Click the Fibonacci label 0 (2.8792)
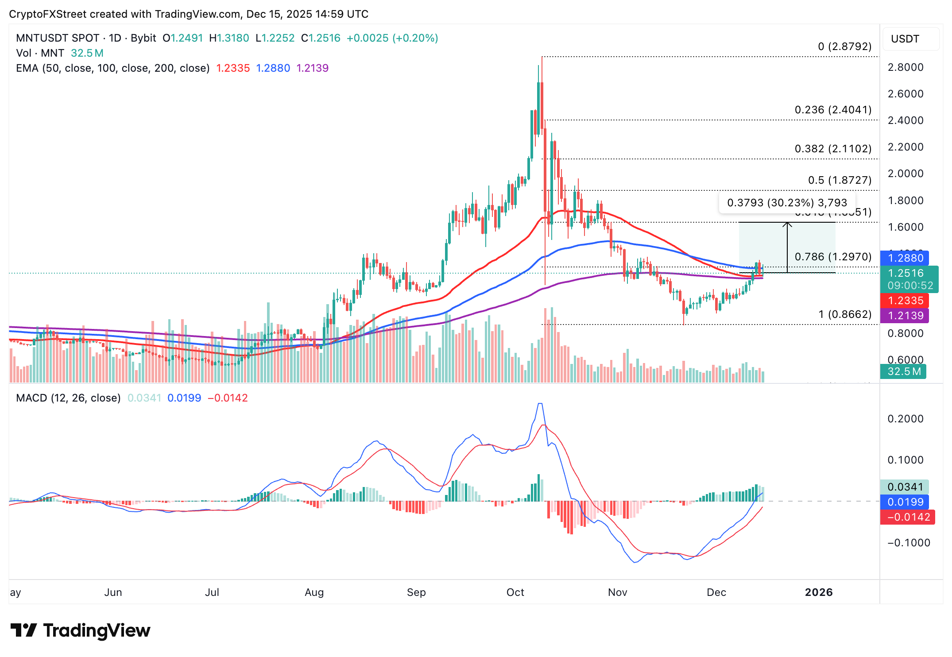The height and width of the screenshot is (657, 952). tap(844, 46)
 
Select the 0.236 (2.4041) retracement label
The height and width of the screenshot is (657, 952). tap(833, 110)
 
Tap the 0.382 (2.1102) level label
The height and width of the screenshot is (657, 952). tap(833, 149)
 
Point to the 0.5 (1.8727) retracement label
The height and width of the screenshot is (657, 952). tap(840, 180)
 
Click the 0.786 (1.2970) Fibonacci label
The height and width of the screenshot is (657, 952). tap(833, 257)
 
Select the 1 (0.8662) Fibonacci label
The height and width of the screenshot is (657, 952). tap(844, 314)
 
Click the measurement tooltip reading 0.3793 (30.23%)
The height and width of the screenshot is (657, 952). tap(787, 203)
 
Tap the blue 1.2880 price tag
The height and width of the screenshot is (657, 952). tap(905, 258)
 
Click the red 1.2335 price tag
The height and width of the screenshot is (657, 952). tap(905, 301)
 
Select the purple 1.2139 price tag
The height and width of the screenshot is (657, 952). tap(905, 316)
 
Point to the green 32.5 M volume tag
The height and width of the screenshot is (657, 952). tap(903, 371)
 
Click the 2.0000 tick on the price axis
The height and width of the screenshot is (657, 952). tap(906, 174)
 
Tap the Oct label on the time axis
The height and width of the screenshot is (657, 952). tap(515, 592)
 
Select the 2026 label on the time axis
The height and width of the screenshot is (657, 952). tap(818, 592)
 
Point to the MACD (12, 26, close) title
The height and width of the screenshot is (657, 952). tap(68, 398)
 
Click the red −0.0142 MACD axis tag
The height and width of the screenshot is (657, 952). tap(908, 517)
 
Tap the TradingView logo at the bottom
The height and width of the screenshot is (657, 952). tap(81, 630)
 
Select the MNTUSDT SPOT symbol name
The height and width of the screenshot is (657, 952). tap(58, 38)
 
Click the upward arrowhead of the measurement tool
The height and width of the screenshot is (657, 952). tap(787, 224)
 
